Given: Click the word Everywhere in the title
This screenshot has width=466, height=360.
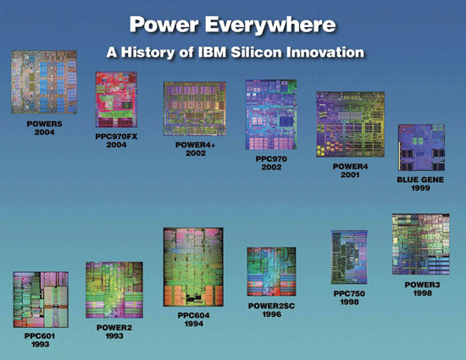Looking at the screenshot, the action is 271,25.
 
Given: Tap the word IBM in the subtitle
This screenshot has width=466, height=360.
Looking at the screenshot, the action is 211,53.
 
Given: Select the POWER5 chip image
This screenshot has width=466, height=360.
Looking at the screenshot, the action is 44,82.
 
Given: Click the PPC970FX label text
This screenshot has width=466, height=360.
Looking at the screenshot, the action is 116,136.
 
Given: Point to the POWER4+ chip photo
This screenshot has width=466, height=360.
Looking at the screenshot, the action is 195,108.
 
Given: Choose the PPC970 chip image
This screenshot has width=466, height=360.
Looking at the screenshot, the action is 271,114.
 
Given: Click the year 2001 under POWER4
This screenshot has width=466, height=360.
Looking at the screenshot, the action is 350,174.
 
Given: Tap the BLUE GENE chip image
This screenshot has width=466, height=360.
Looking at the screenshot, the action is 421,147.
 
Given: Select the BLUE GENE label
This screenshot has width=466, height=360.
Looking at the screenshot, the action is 420,180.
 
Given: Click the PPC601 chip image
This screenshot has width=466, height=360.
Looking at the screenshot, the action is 41,299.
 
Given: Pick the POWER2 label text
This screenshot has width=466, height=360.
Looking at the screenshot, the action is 114,328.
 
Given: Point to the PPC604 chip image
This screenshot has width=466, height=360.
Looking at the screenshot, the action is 193,267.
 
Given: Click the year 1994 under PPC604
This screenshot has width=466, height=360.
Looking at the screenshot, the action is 194,324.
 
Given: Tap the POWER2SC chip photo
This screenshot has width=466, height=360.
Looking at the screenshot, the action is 271,272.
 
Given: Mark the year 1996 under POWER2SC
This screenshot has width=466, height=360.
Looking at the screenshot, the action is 272,314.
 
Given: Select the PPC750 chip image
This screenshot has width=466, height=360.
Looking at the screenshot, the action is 349,258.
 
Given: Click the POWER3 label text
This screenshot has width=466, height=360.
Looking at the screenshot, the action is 422,285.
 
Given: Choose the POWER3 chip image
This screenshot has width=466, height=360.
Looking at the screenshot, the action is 421,244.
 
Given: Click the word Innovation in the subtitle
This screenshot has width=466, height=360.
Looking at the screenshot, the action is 325,53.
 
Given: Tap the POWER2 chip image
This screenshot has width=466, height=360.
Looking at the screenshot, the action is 114,290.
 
